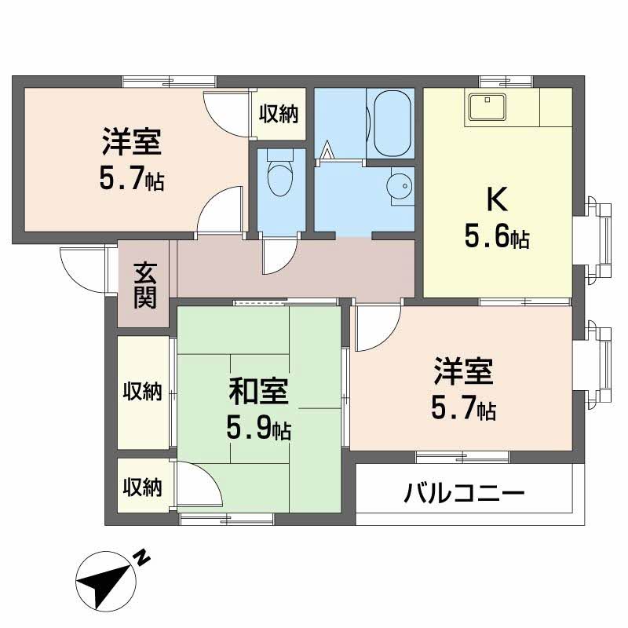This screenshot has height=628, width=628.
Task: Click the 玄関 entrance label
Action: [x=144, y=284]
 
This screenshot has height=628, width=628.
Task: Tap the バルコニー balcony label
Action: [x=465, y=494]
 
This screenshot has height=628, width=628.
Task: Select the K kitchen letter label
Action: [x=496, y=201]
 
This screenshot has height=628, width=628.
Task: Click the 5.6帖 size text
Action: [x=496, y=236]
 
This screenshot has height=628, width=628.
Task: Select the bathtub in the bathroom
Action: [x=392, y=123]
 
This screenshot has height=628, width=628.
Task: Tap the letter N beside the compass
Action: [x=141, y=558]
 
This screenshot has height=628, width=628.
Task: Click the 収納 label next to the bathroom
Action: [x=279, y=115]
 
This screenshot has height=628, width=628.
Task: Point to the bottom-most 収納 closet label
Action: [x=142, y=487]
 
